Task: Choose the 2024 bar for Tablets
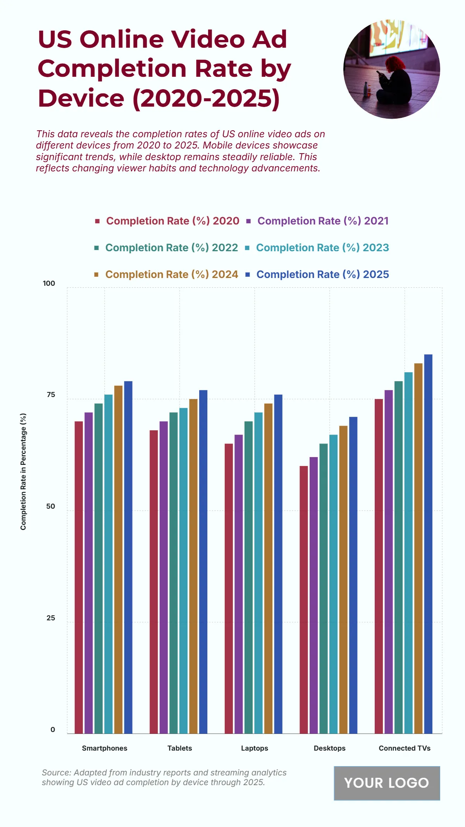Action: coord(193,566)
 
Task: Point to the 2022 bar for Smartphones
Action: coord(98,568)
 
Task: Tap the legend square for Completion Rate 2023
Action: coord(247,248)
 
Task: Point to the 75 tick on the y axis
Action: coord(51,395)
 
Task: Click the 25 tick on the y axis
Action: coord(51,618)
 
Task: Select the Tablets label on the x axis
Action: coord(179,748)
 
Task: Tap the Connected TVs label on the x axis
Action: coord(405,748)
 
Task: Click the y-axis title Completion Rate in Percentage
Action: coord(23,471)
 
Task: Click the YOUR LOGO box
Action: coord(387,783)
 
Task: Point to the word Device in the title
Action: coord(81,98)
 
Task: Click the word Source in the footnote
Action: coord(56,773)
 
